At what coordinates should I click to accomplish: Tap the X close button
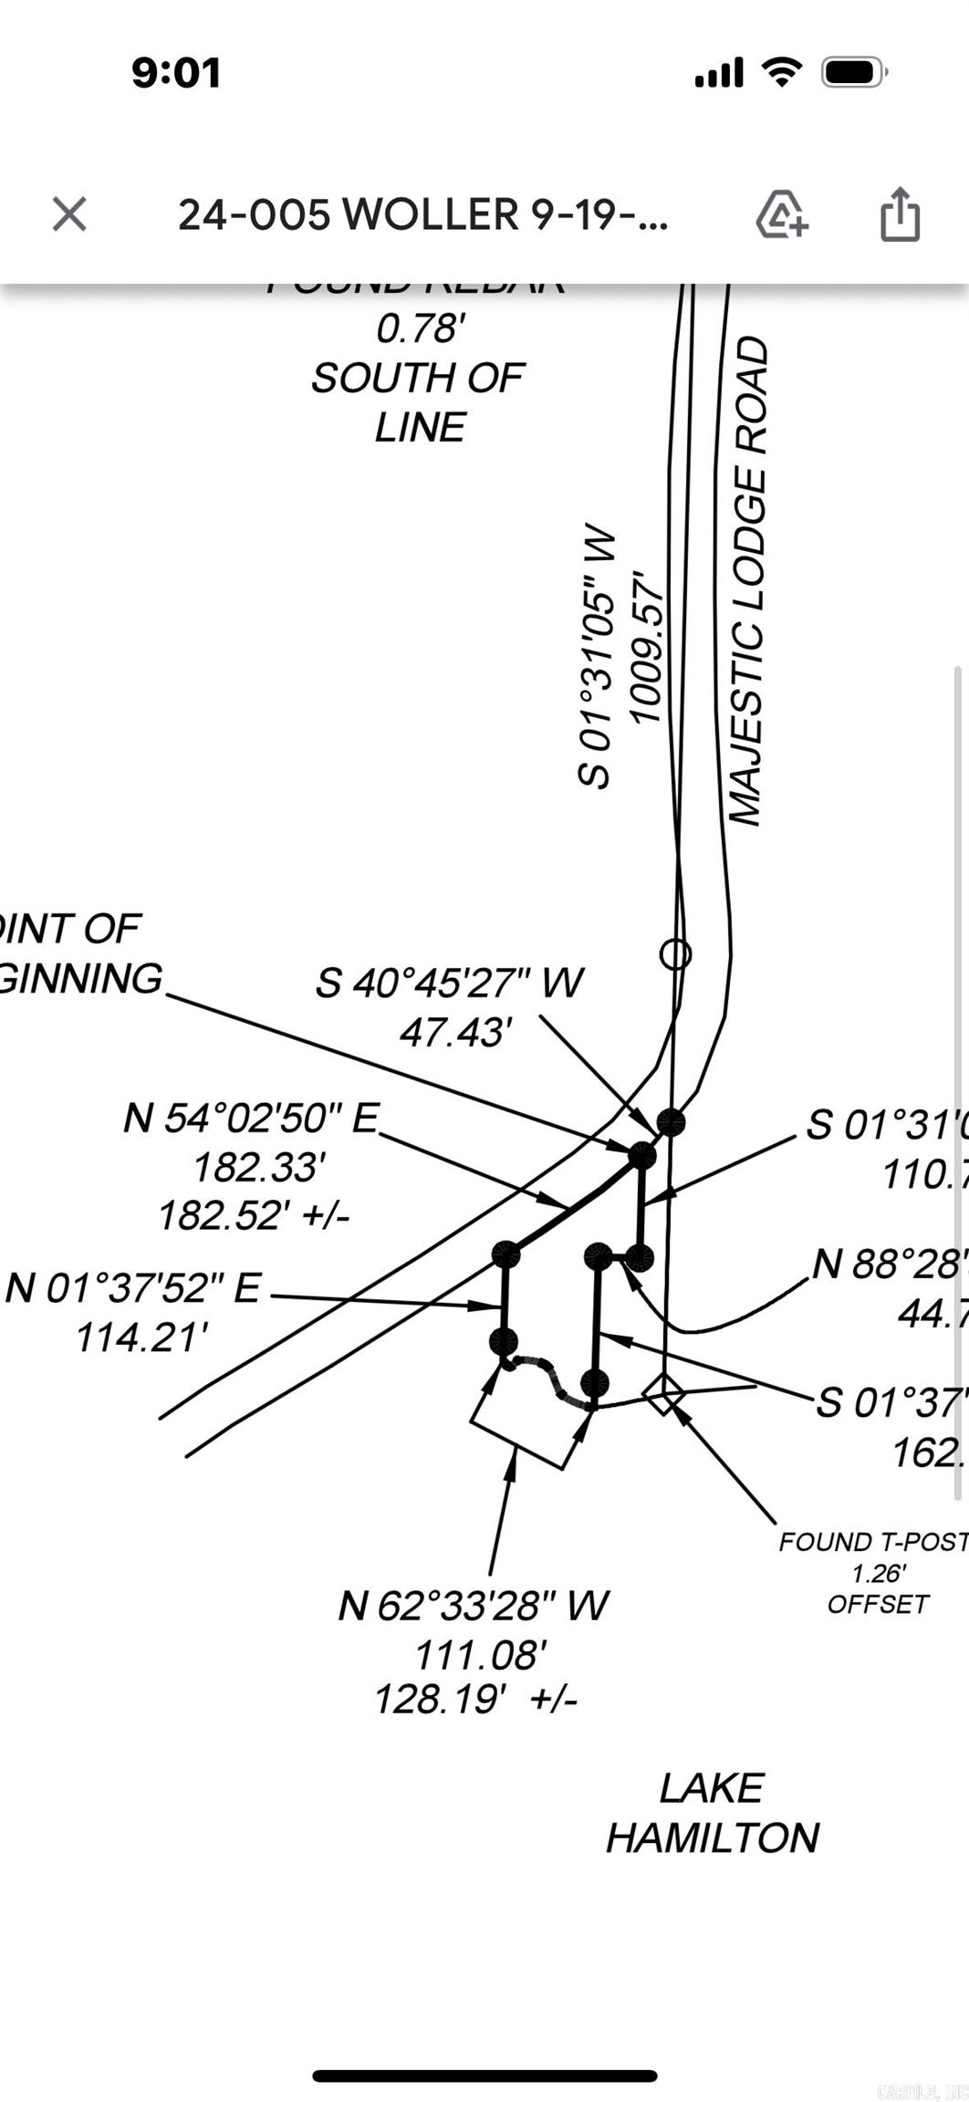[69, 214]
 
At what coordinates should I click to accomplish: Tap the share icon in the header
[900, 214]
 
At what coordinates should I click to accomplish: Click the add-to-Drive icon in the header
[781, 214]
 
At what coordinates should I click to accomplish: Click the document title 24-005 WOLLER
[422, 215]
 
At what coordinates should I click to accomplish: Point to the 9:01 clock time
[176, 73]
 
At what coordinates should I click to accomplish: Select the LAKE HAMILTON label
[713, 1812]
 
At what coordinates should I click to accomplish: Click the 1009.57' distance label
[647, 648]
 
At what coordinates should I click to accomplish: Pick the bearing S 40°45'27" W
[449, 983]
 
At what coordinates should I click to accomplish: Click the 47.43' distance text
[455, 1033]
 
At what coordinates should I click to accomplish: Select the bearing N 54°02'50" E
[252, 1118]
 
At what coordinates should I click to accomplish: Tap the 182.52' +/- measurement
[254, 1215]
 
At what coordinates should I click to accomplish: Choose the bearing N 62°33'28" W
[473, 1606]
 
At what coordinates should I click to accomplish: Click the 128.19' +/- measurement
[475, 1699]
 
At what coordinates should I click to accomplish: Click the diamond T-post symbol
[663, 1393]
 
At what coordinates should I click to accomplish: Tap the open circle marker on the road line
[675, 953]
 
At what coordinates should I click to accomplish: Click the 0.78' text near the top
[421, 328]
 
